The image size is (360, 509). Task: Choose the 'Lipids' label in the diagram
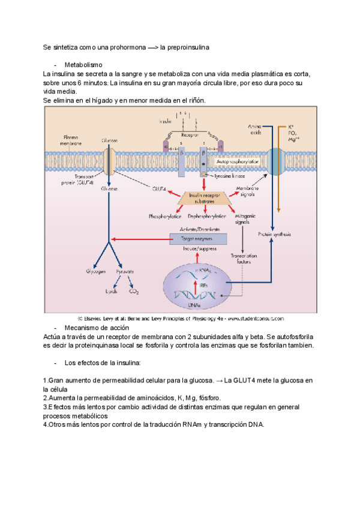pyautogui.click(x=111, y=292)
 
